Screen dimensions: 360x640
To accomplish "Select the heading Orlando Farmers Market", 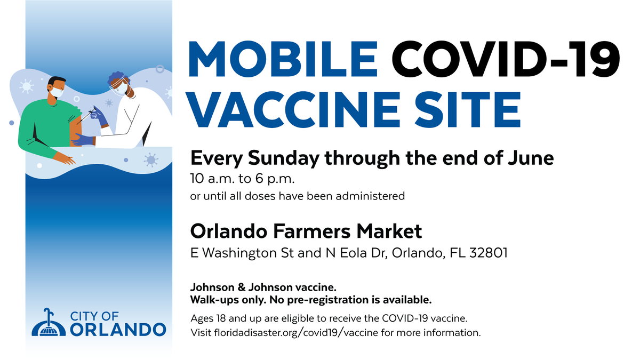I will (x=306, y=231).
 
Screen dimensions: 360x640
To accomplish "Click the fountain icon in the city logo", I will (x=49, y=323).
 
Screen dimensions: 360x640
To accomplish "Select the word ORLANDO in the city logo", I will (x=118, y=329).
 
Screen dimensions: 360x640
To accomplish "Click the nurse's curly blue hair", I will (x=115, y=79).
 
